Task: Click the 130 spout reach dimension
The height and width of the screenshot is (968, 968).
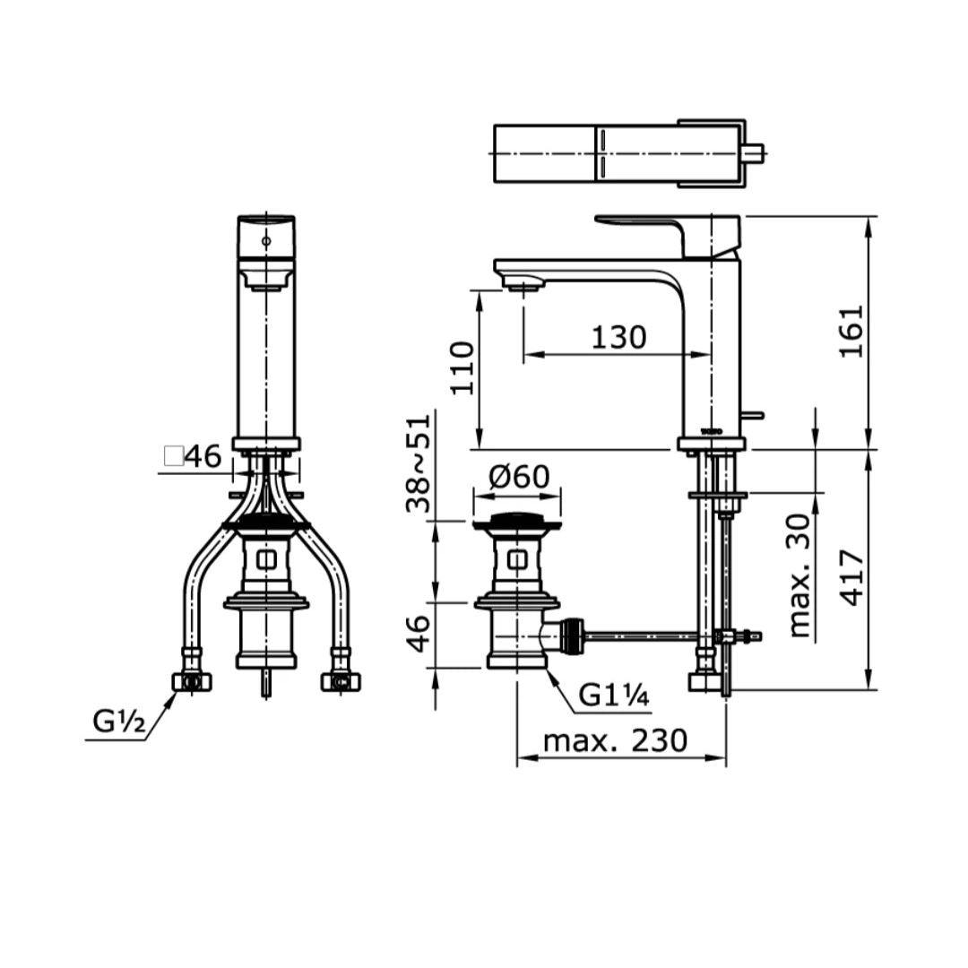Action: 618,337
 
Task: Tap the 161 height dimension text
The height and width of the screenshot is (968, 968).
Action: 850,331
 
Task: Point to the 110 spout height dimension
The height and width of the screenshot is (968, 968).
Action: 462,368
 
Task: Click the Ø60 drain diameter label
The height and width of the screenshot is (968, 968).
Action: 519,477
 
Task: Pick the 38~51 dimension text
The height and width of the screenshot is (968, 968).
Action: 418,463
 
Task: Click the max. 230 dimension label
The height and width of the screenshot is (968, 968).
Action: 615,740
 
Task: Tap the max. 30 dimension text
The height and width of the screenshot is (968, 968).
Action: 799,575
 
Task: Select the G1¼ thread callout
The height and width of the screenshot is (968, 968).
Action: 614,696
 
